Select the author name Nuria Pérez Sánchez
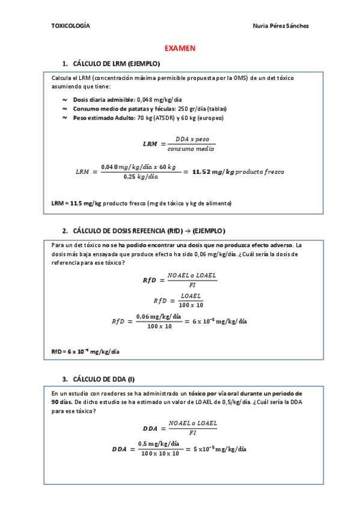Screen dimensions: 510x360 click(x=282, y=26)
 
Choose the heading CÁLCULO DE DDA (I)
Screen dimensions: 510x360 click(x=103, y=379)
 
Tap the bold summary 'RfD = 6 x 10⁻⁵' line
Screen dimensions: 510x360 click(x=85, y=351)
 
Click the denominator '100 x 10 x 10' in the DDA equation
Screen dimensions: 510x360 click(x=160, y=454)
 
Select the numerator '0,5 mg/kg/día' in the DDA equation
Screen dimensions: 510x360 click(x=159, y=444)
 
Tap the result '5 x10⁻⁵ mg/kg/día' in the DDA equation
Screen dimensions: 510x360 click(x=219, y=449)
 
